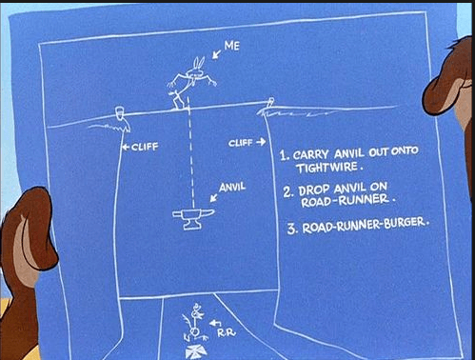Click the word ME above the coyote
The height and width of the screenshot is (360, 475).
coord(232,46)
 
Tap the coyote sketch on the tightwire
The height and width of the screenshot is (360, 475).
coord(191,83)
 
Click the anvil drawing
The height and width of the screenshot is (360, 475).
coord(193,218)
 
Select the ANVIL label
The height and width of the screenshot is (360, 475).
coord(232,187)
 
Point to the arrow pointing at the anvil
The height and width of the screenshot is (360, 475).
coord(214,197)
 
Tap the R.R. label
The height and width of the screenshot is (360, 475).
coord(227,333)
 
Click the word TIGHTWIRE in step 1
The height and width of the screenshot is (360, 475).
coord(327,168)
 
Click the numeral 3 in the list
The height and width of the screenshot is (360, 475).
coord(291,229)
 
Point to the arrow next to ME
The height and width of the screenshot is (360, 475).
coord(217,53)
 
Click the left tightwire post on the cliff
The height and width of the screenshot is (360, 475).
coord(119,113)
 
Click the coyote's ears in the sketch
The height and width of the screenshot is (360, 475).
coord(199,63)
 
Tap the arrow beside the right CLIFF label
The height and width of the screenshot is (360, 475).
coord(261,142)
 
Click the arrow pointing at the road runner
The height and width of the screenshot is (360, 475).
coord(215,324)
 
